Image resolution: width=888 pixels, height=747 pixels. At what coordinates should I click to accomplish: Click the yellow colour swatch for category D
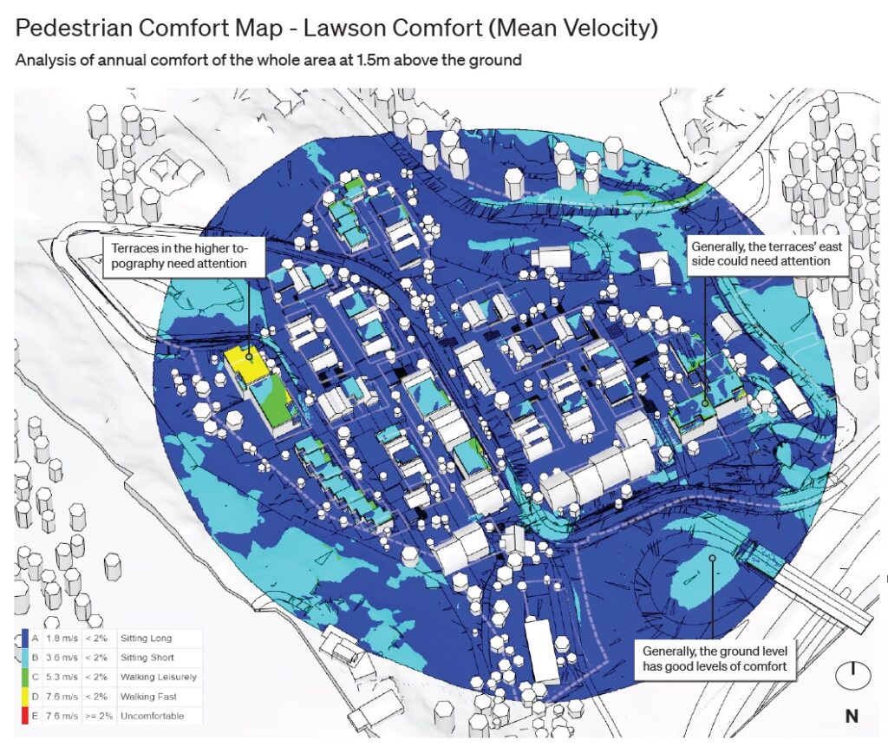(22, 697)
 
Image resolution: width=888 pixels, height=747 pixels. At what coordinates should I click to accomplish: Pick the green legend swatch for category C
(22, 677)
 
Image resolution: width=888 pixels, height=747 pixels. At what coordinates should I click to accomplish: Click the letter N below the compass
(852, 716)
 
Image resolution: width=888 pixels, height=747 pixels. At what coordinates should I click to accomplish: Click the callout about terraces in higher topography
(182, 256)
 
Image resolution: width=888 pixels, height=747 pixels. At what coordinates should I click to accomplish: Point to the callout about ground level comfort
(715, 658)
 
